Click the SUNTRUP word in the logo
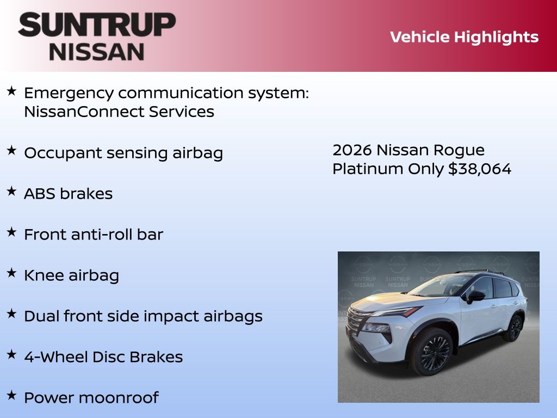coord(97,24)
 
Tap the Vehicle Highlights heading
coord(464,38)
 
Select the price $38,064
coord(480,169)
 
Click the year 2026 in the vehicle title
coord(352,150)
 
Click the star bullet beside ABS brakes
coord(11,191)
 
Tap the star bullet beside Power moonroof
coord(11,395)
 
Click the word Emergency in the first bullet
coord(69,94)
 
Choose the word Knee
coord(44,275)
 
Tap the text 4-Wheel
coord(56,357)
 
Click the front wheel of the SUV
coord(432,351)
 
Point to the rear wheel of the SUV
coord(513,328)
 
